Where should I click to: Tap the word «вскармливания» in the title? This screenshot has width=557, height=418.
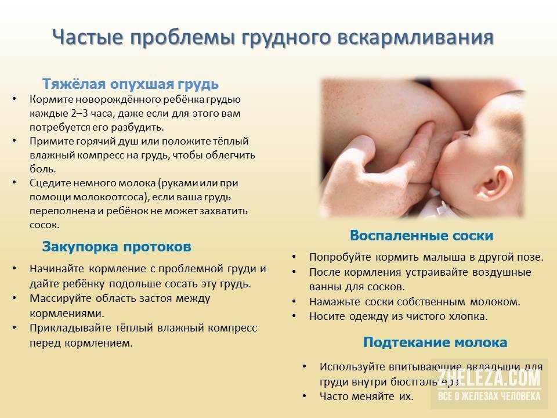click(x=415, y=38)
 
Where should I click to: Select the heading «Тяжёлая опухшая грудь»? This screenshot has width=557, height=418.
click(x=131, y=84)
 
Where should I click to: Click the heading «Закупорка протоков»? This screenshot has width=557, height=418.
click(x=117, y=247)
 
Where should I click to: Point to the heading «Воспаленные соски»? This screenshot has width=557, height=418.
click(x=422, y=235)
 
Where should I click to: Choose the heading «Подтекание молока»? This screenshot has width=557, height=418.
click(x=435, y=343)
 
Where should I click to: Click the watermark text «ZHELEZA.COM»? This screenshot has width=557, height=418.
click(x=489, y=378)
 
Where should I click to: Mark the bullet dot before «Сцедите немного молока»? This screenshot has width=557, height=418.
click(x=14, y=182)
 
